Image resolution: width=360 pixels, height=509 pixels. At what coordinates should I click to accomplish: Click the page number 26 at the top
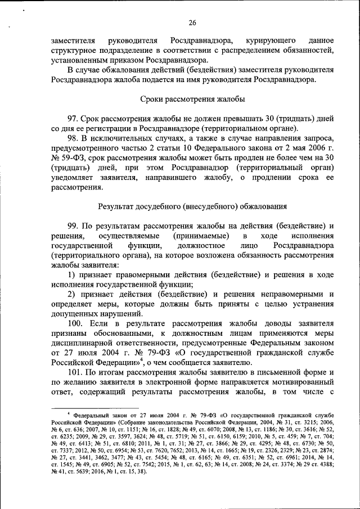click(x=192, y=22)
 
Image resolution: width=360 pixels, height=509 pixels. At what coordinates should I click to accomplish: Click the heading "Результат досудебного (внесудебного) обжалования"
click(x=192, y=206)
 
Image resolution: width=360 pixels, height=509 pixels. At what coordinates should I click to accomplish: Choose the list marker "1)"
click(x=71, y=274)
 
